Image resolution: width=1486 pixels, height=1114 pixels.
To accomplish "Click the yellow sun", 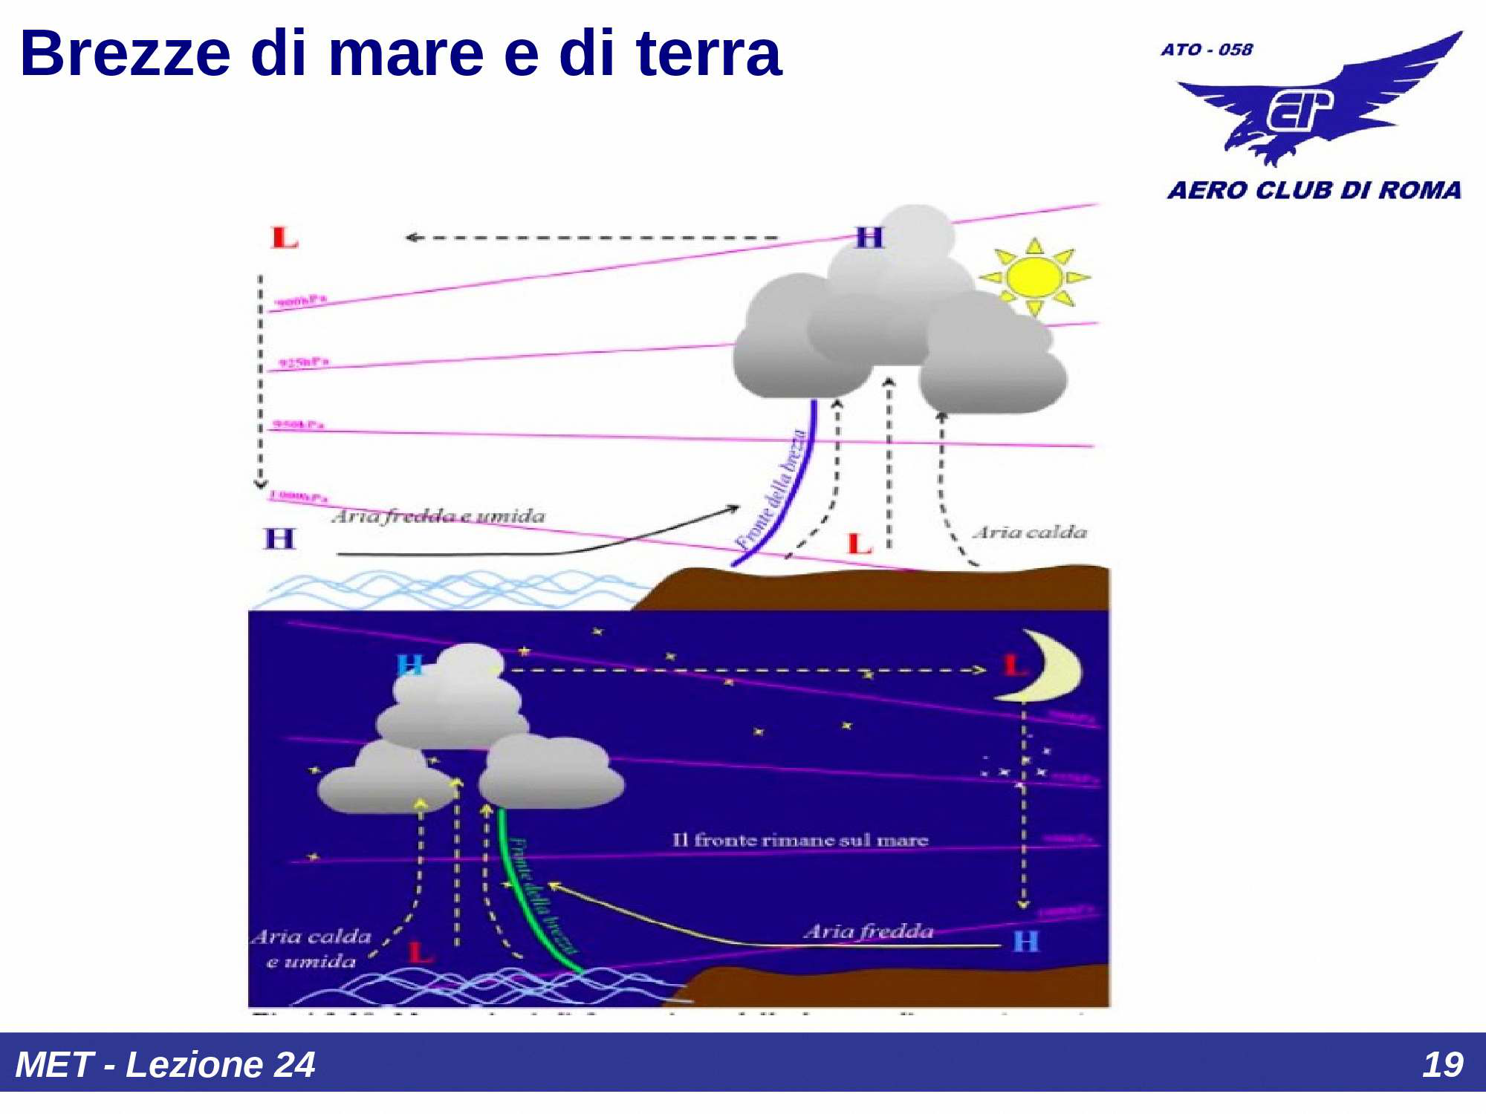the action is click(1034, 277).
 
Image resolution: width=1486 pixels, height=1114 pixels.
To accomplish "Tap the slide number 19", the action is click(1441, 1064).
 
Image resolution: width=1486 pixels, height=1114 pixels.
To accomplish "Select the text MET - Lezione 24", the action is click(165, 1064).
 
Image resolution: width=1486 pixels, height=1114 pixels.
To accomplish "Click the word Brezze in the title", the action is click(125, 53).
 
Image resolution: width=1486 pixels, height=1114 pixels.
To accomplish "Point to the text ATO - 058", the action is click(1206, 50).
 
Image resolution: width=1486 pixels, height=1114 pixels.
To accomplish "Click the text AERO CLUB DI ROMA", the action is click(1314, 190).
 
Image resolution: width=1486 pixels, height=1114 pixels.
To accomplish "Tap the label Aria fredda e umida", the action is click(438, 516).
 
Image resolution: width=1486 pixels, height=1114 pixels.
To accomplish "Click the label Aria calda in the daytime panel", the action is click(1030, 532).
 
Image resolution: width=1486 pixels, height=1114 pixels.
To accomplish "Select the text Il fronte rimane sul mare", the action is click(800, 840).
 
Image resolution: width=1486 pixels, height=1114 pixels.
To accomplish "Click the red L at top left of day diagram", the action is click(284, 238).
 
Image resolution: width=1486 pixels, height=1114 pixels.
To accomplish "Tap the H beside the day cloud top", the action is click(869, 238).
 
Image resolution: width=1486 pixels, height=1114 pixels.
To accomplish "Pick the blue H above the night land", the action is click(1026, 942).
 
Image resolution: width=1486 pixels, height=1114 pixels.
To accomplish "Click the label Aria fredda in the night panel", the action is click(868, 931).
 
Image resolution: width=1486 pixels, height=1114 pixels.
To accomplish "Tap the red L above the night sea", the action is click(421, 952).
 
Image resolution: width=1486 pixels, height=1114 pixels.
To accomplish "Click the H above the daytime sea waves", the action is click(279, 538).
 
